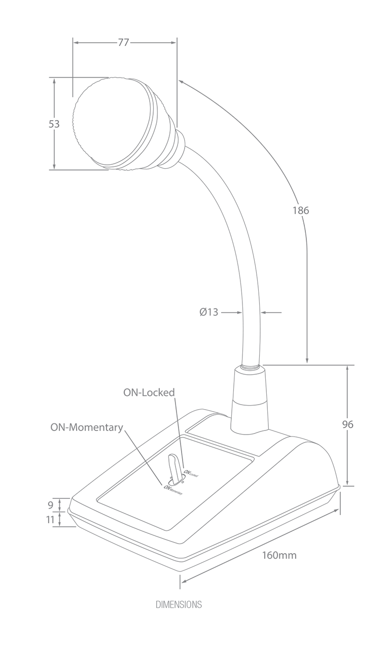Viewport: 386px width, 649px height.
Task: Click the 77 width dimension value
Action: (x=123, y=43)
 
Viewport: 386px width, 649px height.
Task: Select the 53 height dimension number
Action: (x=54, y=123)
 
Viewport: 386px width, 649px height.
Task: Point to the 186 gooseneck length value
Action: (x=300, y=210)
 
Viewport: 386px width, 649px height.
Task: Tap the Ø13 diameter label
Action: (x=208, y=312)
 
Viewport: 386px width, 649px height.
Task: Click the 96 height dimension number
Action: (x=347, y=424)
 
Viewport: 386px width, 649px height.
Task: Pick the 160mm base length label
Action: (x=279, y=555)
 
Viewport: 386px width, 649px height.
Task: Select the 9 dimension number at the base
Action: (x=50, y=505)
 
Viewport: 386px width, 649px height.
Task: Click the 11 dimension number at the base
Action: (x=50, y=519)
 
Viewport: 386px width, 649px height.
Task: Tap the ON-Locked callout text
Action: (x=149, y=392)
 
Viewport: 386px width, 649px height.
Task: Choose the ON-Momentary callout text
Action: (x=86, y=427)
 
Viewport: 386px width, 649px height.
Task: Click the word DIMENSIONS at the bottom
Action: (x=179, y=604)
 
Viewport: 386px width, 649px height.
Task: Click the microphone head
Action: (x=119, y=124)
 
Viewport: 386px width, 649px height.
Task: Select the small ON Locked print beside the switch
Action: (x=191, y=473)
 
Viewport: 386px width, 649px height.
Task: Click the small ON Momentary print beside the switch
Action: (x=172, y=489)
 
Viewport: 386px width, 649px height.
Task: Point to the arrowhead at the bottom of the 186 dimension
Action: (x=307, y=360)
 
